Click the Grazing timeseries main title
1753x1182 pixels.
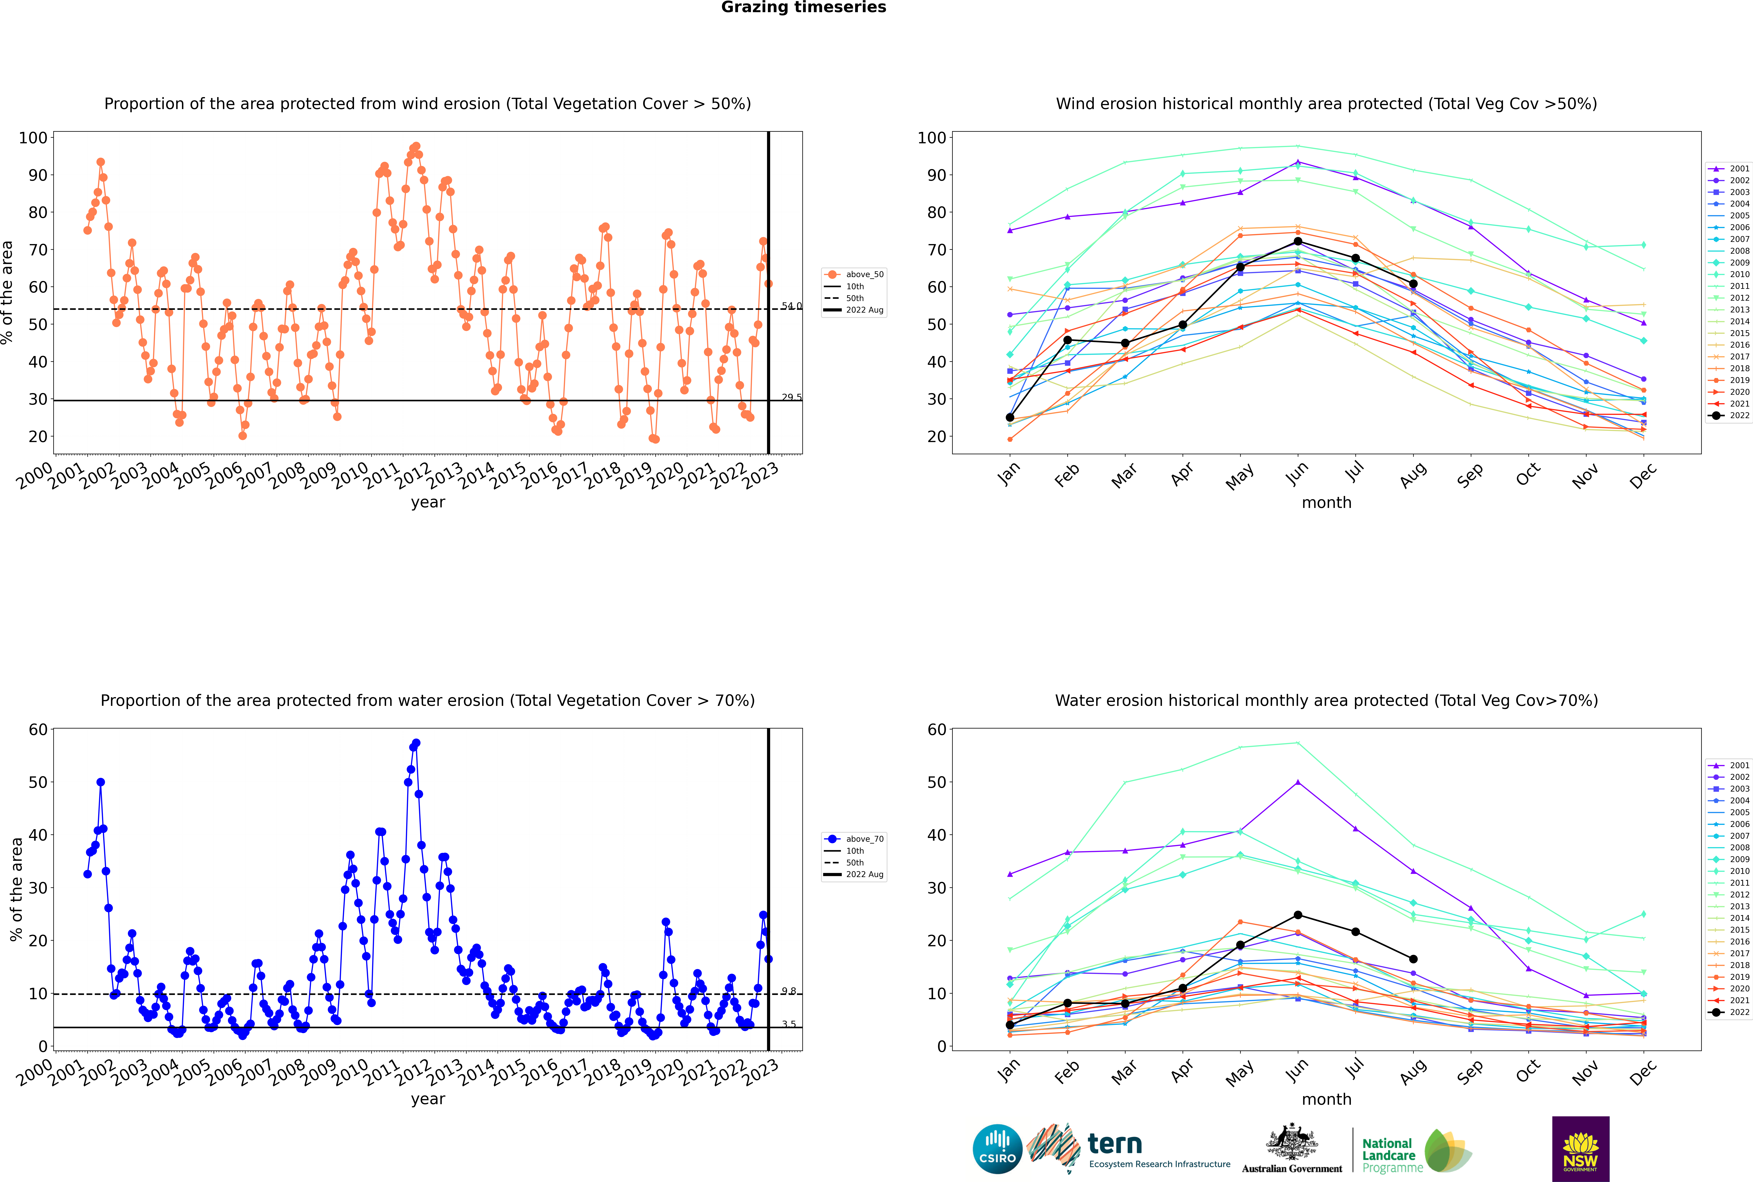pyautogui.click(x=803, y=7)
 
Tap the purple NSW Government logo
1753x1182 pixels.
pyautogui.click(x=1580, y=1148)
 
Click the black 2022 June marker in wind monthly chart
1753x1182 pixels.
pyautogui.click(x=1298, y=241)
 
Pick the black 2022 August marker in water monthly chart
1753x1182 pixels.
pyautogui.click(x=1413, y=959)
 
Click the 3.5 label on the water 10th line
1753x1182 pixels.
pyautogui.click(x=788, y=1024)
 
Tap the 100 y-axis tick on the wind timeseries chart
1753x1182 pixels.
pyautogui.click(x=33, y=138)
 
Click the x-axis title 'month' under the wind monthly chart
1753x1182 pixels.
pyautogui.click(x=1326, y=503)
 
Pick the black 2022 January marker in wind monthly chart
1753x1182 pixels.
pyautogui.click(x=1010, y=418)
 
